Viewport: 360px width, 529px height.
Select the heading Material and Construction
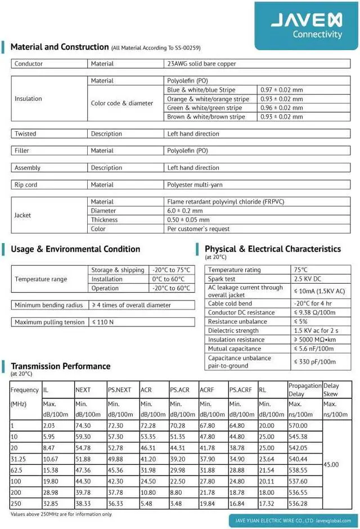click(59, 47)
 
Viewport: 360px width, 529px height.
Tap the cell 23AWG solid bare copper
click(201, 64)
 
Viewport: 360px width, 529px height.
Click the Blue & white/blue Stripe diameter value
click(282, 90)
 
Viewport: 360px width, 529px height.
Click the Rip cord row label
click(26, 185)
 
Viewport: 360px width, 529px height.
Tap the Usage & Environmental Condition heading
click(75, 249)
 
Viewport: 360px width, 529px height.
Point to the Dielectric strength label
click(233, 331)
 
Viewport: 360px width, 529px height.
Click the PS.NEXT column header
click(119, 390)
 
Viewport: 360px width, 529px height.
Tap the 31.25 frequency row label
click(19, 443)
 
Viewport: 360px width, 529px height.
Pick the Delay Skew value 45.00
click(331, 465)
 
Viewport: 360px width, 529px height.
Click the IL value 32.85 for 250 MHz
click(51, 504)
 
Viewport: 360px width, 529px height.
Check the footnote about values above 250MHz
click(61, 514)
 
